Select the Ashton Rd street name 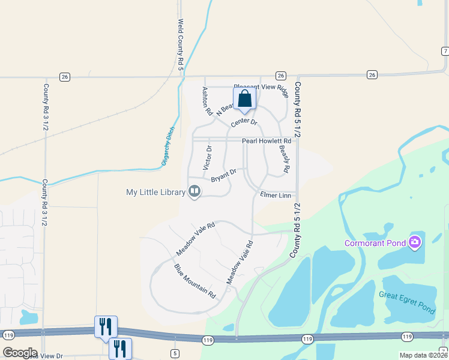click(206, 101)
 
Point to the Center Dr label click(244, 122)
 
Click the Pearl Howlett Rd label click(266, 141)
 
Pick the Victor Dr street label click(208, 157)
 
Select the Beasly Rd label click(285, 160)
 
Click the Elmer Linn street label click(276, 195)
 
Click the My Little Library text click(155, 192)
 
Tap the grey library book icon click(194, 191)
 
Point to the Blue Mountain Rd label click(194, 281)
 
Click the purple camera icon click(415, 242)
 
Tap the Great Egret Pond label click(406, 302)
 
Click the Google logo click(20, 353)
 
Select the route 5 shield click(175, 353)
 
